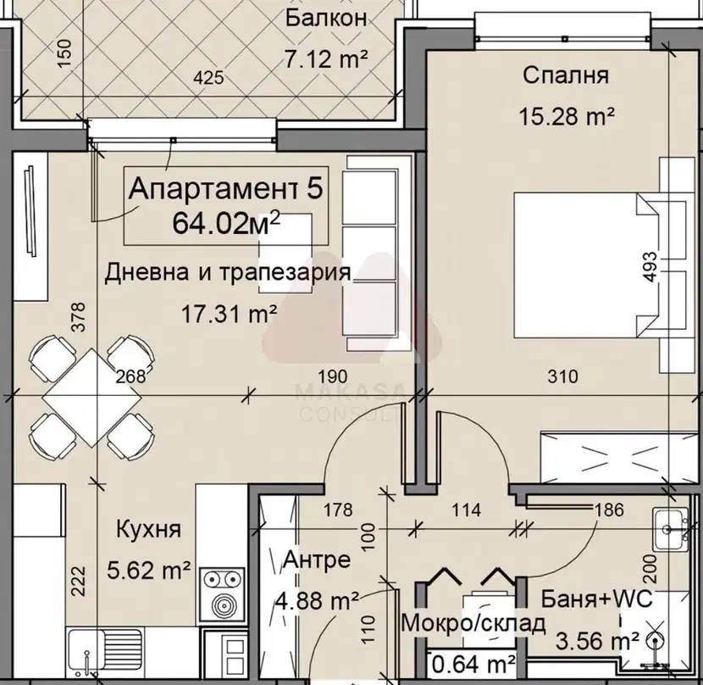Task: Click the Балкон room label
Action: pos(326,19)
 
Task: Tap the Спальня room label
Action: pos(566,75)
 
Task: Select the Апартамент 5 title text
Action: pos(225,188)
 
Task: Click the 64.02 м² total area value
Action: pos(226,223)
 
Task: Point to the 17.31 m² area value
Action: pos(229,314)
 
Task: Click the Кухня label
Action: pos(149,530)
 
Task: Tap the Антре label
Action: pos(317,560)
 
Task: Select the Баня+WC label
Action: pos(596,599)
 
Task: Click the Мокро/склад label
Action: pos(473,622)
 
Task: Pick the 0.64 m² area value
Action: pos(473,664)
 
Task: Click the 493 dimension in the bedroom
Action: pos(650,267)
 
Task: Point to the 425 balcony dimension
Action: pos(208,78)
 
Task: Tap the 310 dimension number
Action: pos(562,376)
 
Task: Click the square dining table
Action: pos(92,398)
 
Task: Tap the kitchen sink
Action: pos(104,653)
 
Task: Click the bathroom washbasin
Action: pos(670,530)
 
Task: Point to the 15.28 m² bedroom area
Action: pos(567,117)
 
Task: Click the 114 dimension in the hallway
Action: pos(467,510)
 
